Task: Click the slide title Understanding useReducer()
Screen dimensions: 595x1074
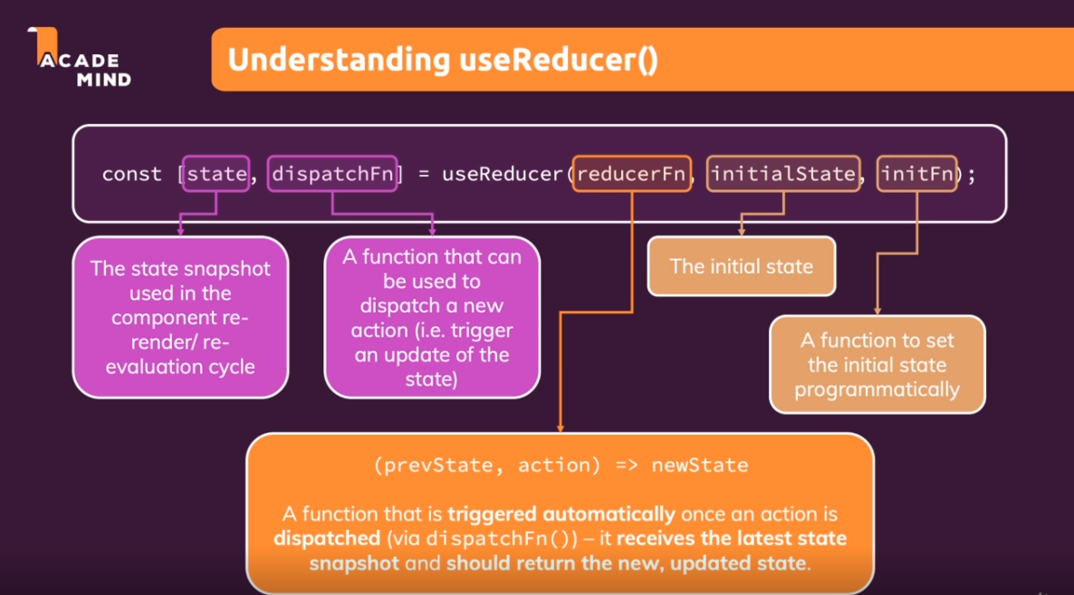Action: pos(442,60)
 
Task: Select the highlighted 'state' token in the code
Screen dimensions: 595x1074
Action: pos(216,174)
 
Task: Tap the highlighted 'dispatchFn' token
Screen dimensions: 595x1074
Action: pos(333,174)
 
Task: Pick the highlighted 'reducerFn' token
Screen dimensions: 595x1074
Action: pos(631,174)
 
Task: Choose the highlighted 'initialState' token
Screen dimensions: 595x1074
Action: pos(782,174)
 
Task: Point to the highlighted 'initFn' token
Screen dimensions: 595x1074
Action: pos(916,174)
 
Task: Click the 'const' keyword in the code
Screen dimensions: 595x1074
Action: pos(131,174)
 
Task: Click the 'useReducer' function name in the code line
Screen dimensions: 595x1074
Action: pos(502,174)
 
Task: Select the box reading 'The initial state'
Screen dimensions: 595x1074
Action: pos(741,267)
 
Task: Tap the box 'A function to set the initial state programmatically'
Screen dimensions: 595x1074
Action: pos(877,365)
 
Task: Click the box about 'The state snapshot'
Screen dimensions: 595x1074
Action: pos(180,317)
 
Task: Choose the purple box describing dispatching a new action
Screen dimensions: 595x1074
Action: pos(432,317)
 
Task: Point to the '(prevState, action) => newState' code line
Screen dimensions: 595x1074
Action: pos(561,465)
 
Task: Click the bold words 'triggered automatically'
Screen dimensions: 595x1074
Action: pos(561,514)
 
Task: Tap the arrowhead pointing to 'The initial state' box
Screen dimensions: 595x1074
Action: pos(742,231)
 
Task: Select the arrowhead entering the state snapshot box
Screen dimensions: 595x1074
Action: pos(180,231)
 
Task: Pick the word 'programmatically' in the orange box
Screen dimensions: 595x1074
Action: pos(877,390)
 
